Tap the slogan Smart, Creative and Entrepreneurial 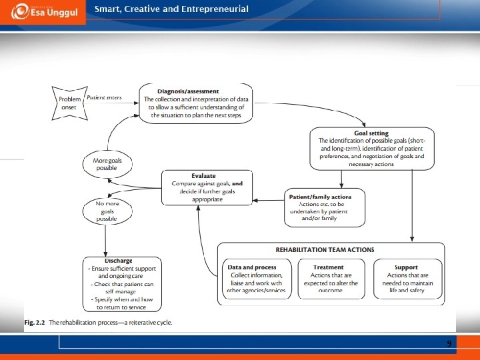[x=171, y=9]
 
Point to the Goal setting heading [x=372, y=133]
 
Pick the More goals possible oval [x=107, y=163]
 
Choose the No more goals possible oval [x=107, y=210]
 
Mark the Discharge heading [x=117, y=261]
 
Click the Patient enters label [x=104, y=97]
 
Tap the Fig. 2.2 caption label [x=35, y=323]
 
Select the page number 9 [x=449, y=343]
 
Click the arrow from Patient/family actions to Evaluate [x=268, y=198]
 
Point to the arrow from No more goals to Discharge [x=106, y=239]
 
